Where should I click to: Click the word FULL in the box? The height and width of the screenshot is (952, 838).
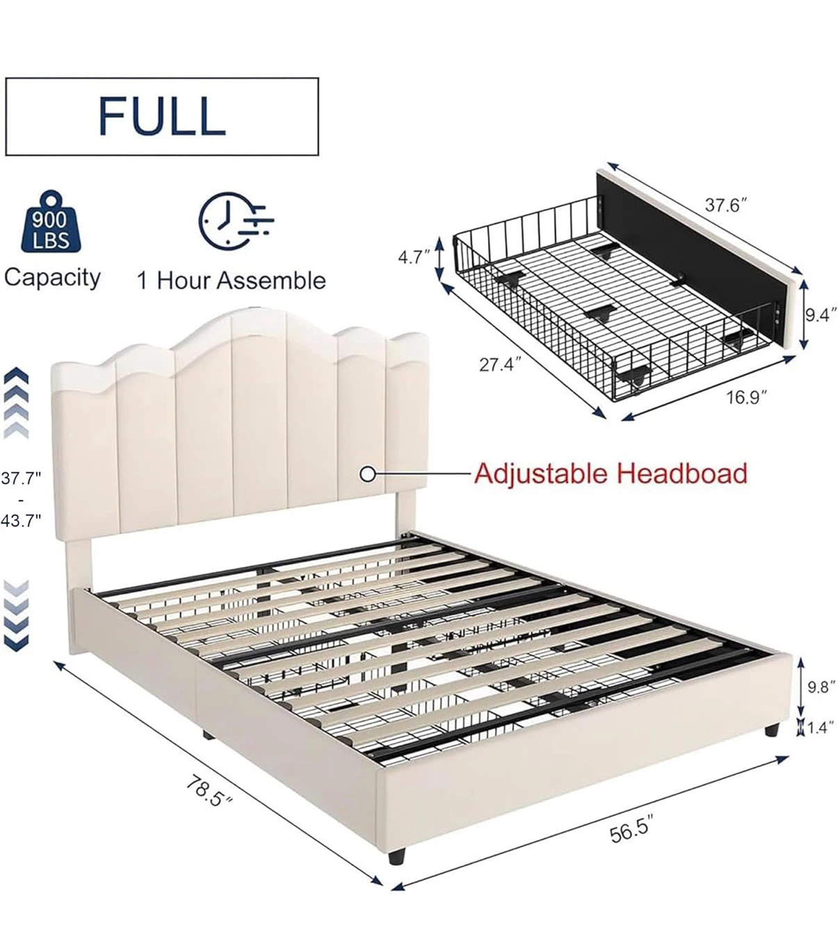162,116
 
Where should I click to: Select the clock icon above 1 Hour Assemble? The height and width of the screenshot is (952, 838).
235,220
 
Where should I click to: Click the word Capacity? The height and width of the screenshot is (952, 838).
52,278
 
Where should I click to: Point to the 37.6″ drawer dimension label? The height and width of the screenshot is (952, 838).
725,206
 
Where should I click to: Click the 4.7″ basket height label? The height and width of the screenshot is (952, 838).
414,258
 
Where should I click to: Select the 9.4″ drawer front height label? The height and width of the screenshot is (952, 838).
821,315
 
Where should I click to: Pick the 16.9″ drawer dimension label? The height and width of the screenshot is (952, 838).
746,397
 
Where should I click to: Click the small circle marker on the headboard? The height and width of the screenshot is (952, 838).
368,474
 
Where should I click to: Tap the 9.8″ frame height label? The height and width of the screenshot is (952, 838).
821,687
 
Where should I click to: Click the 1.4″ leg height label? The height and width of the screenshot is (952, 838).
821,728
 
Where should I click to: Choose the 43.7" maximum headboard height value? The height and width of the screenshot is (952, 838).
21,520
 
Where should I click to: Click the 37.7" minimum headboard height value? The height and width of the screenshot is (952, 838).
21,479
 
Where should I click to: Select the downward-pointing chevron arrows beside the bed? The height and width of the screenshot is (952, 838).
17,616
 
